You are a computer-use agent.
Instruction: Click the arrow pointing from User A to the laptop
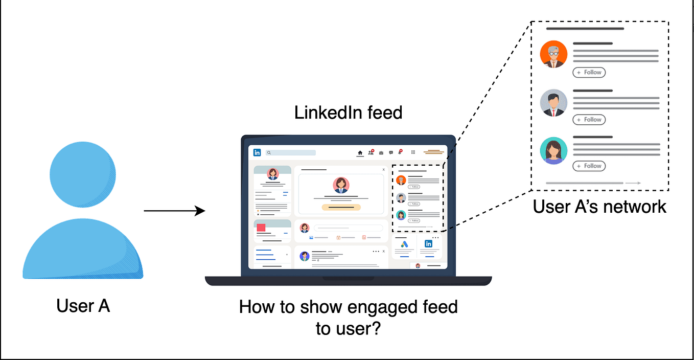point(174,211)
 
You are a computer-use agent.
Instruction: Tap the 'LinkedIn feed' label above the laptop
point(348,112)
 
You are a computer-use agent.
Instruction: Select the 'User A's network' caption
point(599,206)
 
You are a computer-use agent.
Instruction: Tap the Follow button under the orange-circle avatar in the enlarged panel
point(589,73)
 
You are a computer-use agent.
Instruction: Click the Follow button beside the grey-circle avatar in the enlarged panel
point(589,120)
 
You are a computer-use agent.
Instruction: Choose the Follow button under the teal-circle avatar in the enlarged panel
point(589,166)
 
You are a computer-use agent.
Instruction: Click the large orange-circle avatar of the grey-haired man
point(553,54)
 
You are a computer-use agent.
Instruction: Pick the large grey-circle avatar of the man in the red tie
point(553,102)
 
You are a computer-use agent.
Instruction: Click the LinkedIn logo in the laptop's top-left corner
point(257,152)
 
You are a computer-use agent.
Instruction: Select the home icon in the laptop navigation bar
point(360,152)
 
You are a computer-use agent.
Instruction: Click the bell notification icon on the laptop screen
point(401,152)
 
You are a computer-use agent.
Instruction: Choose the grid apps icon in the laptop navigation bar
point(413,152)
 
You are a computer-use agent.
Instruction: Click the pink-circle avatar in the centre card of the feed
point(341,185)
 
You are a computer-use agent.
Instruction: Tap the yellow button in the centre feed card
point(341,207)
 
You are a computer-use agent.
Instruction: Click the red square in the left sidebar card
point(261,228)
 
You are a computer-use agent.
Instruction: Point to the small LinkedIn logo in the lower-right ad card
point(428,244)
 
